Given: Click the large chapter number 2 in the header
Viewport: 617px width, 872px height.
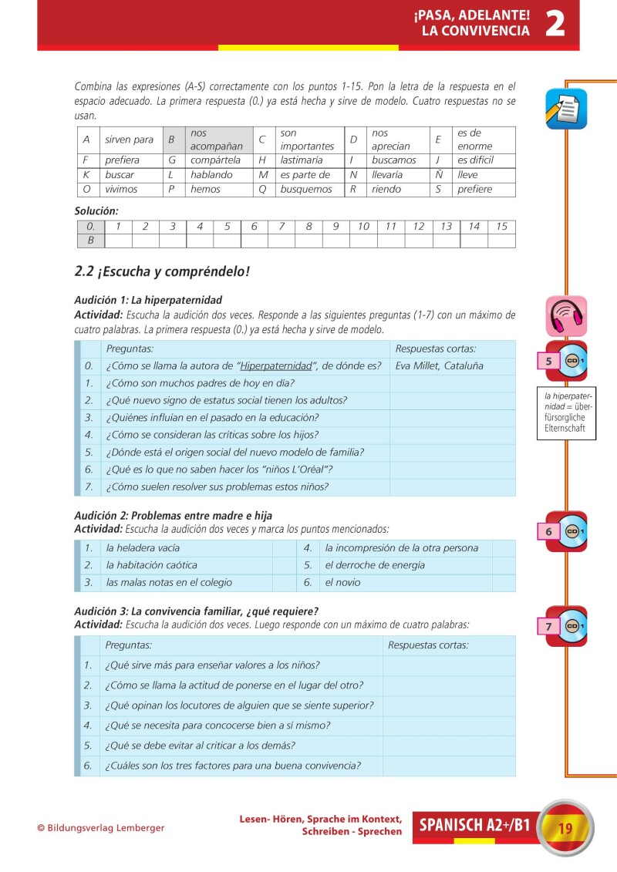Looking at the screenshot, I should (555, 23).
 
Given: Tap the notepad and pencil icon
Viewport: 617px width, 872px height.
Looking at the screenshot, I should (565, 109).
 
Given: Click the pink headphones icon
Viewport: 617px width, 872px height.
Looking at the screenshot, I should (566, 315).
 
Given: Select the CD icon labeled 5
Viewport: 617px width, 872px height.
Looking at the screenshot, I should (567, 360).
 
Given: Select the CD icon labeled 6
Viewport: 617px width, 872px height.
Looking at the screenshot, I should (567, 531).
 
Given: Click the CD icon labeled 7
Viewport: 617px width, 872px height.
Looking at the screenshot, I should (567, 626).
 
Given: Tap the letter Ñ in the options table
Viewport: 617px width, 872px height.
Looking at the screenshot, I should (439, 175).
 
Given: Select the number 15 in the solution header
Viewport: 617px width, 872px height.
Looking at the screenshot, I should (501, 226).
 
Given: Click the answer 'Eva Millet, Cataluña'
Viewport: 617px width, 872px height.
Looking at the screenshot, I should (439, 365).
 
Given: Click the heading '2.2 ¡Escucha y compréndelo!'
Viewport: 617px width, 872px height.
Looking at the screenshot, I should (162, 271).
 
